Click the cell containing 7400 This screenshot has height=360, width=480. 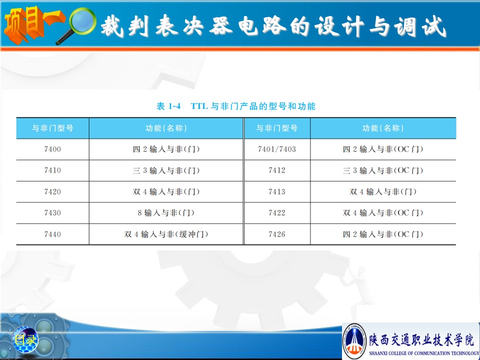coord(52,149)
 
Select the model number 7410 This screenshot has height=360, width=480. coord(52,170)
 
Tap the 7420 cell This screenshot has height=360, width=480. coord(52,191)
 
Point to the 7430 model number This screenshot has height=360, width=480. coord(52,213)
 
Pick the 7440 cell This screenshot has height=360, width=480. coord(52,234)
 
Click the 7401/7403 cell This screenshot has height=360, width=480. coord(276,149)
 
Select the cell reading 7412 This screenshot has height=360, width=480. coord(276,170)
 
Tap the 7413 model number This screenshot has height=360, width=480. coord(276,191)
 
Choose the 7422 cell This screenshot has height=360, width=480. coord(276,213)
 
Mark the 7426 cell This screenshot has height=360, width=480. coord(276,234)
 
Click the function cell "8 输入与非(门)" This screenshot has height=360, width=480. coord(166,213)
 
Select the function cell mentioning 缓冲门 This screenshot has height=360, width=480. coord(166,234)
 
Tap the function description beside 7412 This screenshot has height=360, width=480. coord(383,170)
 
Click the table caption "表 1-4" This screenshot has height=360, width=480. coord(168,106)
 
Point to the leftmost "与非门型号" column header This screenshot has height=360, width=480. coord(52,128)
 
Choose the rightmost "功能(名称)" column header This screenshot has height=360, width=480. coord(383,128)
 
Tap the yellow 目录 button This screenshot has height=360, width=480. coord(25,339)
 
